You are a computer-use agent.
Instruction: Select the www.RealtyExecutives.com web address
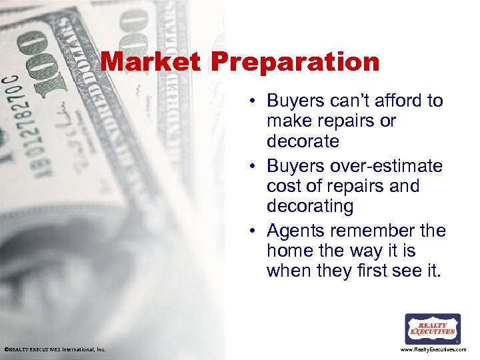(433, 349)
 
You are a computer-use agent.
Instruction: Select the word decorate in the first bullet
(303, 142)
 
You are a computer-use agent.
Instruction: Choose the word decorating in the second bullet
(310, 207)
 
